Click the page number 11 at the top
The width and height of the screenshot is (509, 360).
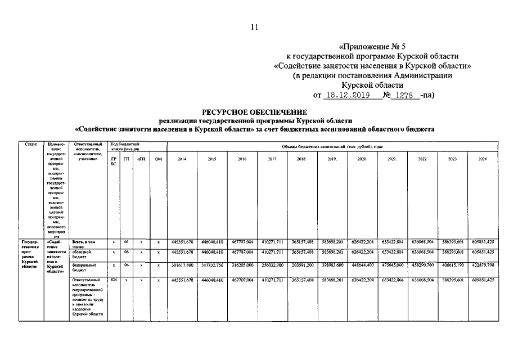point(254,26)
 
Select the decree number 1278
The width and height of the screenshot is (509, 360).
point(404,96)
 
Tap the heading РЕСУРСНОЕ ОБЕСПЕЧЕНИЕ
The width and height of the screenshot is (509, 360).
point(254,112)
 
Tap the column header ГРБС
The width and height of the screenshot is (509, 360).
point(114,161)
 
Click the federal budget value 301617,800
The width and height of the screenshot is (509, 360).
point(182,265)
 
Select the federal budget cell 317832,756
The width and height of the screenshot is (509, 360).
point(212,265)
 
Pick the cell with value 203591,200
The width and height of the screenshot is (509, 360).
point(302,265)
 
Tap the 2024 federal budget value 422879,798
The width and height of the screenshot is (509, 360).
point(482,265)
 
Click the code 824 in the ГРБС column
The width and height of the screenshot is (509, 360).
point(114,280)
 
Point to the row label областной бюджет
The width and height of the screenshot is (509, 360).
point(82,254)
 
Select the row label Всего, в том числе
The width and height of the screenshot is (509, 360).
point(83,244)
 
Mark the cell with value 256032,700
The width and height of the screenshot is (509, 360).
point(272,265)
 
